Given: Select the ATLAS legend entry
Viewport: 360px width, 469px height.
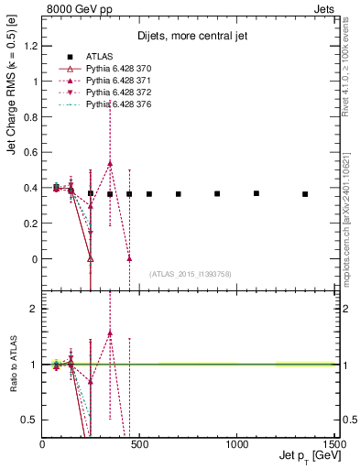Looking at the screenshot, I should [x=101, y=57].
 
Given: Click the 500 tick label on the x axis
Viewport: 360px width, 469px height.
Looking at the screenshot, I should [x=139, y=444].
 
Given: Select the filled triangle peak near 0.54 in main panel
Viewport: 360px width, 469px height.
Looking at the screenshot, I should [x=110, y=163].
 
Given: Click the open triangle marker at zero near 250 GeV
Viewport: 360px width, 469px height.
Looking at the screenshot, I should [x=90, y=258].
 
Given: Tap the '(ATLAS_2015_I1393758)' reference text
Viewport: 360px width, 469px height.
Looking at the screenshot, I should [x=189, y=274].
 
